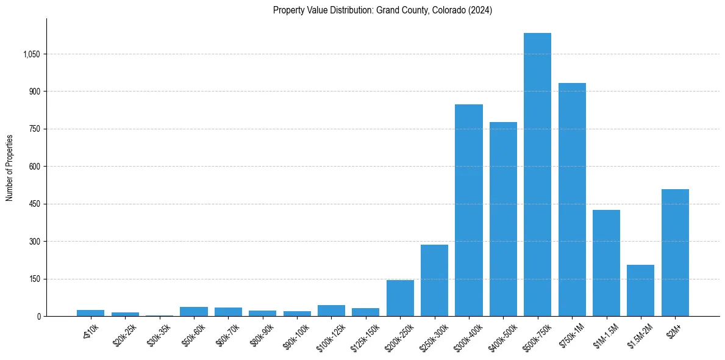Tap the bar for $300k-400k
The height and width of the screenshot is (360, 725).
coord(469,211)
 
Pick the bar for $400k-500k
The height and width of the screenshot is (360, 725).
coord(503,219)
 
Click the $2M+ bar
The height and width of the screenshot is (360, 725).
coord(675,253)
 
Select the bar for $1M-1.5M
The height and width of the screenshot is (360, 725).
coord(606,263)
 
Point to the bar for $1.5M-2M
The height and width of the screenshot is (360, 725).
coord(640,290)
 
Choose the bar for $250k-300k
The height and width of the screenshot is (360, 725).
coord(434,280)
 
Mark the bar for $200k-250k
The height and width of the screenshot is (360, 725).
coord(400,298)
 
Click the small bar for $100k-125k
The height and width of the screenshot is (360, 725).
coord(331,311)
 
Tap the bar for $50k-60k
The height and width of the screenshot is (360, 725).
coord(194,311)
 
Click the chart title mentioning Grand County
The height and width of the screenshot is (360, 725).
coord(382,10)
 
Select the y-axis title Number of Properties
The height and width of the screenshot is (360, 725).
coord(10,167)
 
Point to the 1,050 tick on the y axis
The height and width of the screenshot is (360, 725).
coord(31,54)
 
